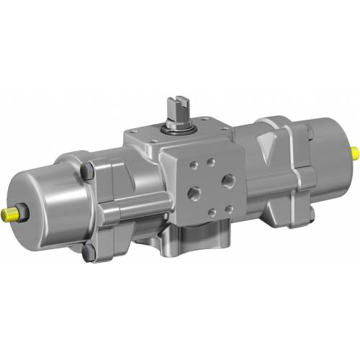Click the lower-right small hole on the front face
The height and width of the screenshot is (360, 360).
pos(230,210)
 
